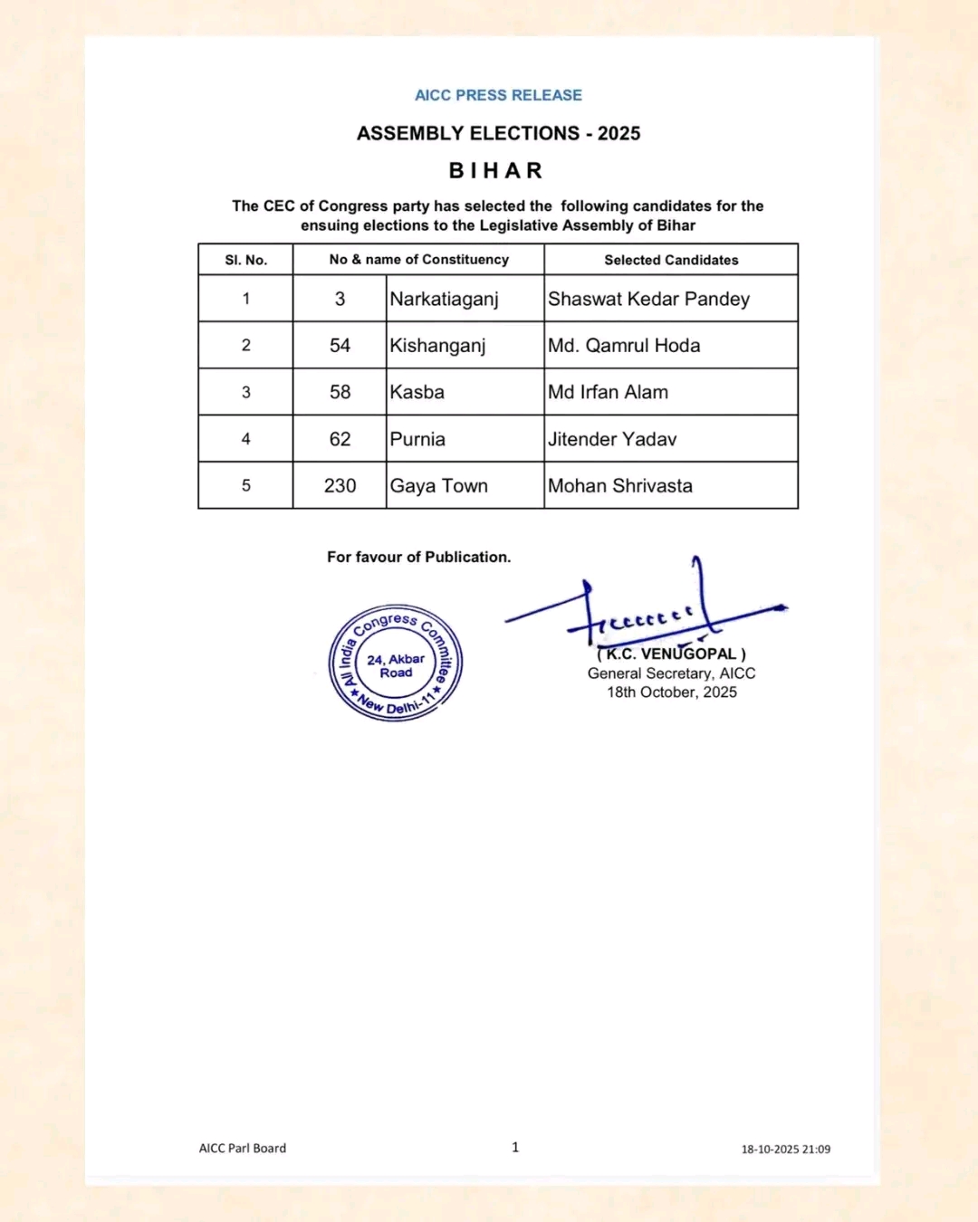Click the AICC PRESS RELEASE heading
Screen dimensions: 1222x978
click(x=498, y=95)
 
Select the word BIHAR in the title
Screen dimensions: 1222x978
click(x=496, y=171)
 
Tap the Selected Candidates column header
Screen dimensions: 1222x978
click(x=671, y=260)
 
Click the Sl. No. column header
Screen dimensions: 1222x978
click(x=245, y=260)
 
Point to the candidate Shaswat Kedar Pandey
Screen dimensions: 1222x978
click(x=648, y=299)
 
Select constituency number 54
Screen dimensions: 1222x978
click(x=340, y=346)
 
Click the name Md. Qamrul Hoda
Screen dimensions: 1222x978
click(x=624, y=346)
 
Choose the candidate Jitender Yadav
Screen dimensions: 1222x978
click(x=612, y=439)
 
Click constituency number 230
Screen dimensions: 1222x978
click(x=340, y=486)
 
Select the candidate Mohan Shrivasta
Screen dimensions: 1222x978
click(x=620, y=486)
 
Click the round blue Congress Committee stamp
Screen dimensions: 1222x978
click(x=396, y=663)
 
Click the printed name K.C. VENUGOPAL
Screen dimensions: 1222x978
click(x=671, y=654)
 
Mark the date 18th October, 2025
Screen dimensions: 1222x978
click(x=671, y=692)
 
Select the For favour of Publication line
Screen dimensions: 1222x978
click(x=418, y=558)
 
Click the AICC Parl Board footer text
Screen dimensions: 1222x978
click(x=243, y=1148)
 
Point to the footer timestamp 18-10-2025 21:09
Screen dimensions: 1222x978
click(x=785, y=1150)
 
